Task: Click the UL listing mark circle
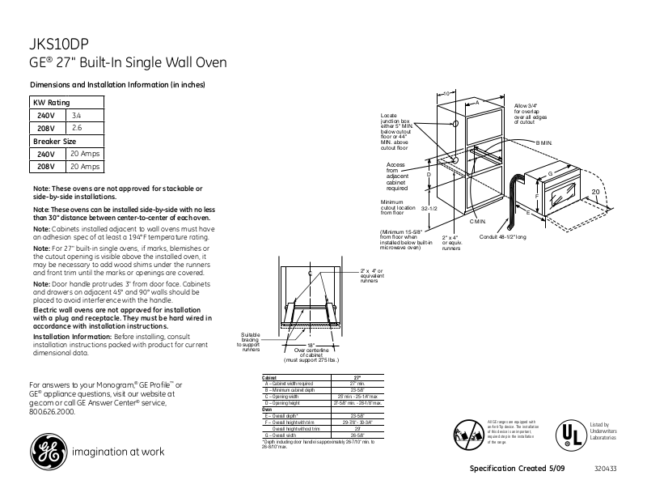(571, 434)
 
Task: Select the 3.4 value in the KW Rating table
(77, 116)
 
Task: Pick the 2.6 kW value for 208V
(77, 128)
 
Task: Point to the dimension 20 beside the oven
(594, 192)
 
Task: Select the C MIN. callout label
(477, 221)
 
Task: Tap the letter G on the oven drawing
(550, 174)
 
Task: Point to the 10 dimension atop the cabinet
(446, 95)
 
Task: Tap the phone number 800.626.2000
(52, 411)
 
